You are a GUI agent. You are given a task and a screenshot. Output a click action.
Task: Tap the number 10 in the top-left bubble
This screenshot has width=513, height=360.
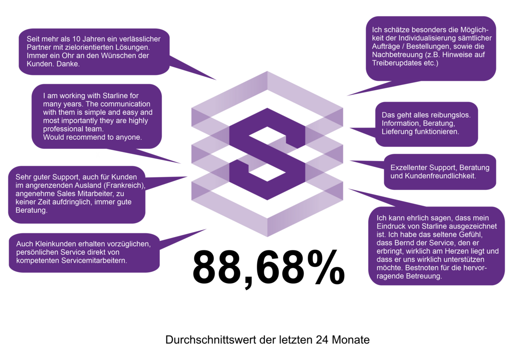coord(77,39)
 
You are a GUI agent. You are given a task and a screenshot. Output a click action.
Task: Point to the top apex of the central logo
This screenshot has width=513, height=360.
coord(267,71)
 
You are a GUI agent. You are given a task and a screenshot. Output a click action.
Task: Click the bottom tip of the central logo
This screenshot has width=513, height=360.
coord(267,237)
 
